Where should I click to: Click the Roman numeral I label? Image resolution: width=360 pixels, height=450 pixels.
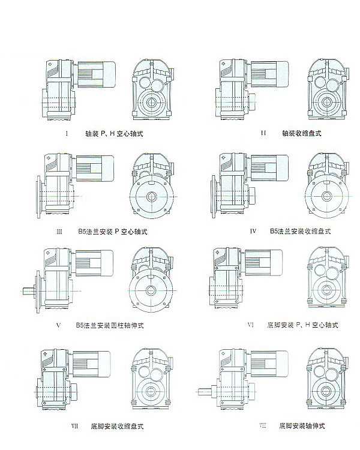pos(67,134)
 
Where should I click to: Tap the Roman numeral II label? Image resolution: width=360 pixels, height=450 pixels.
pos(263,133)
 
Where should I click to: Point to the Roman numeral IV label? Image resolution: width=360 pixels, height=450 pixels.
pos(254,230)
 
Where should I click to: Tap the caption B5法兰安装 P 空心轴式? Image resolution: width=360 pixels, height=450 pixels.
pos(114,230)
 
